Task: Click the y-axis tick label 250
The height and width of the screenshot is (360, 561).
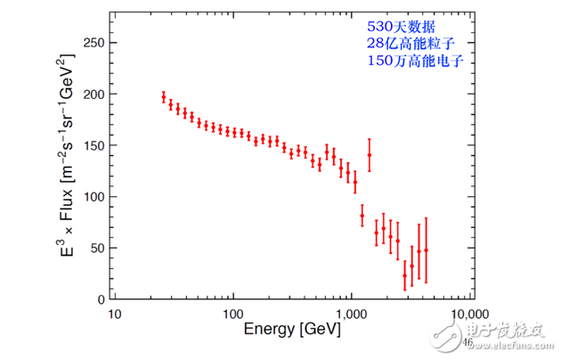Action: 92,43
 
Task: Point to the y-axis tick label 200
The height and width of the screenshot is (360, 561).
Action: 92,94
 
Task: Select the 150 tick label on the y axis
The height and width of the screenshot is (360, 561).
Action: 92,145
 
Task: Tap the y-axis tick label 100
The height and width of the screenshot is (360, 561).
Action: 92,197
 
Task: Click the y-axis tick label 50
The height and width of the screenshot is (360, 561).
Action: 95,248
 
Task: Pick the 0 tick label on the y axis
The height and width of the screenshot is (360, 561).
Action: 99,299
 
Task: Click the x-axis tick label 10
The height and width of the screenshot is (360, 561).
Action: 113,315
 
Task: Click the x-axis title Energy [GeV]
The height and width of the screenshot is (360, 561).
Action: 290,331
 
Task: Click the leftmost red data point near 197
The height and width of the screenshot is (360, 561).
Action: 164,98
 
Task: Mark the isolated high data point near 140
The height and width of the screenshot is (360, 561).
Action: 370,155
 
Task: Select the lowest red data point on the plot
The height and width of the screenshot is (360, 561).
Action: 405,275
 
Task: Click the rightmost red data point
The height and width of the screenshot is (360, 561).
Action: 427,250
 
